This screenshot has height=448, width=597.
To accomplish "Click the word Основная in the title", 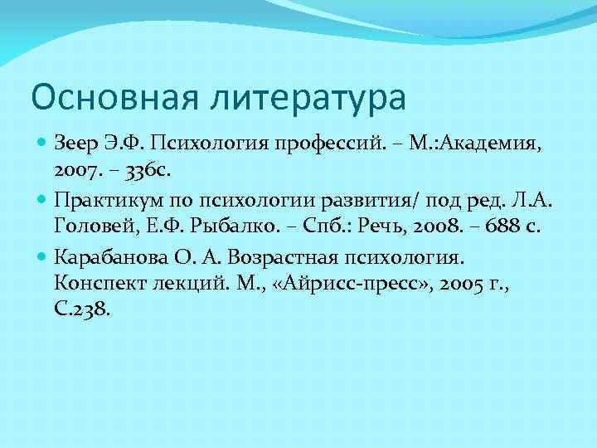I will click(104, 96).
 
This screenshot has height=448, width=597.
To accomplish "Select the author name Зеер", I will click(72, 147).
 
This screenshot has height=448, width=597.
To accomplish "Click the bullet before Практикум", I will click(42, 200).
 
